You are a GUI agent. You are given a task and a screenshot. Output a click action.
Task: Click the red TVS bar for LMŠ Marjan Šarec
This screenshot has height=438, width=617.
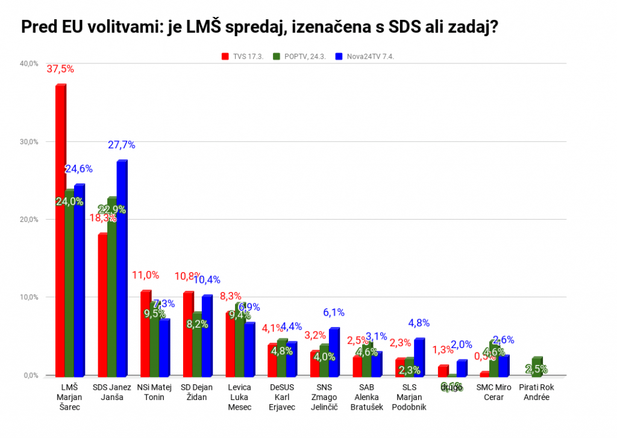click(60, 229)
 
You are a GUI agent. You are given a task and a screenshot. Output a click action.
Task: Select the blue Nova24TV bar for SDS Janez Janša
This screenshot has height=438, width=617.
click(121, 268)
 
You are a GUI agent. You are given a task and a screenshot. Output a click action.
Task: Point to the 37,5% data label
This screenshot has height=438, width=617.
click(60, 69)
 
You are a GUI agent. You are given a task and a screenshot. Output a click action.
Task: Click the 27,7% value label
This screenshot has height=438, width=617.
click(122, 145)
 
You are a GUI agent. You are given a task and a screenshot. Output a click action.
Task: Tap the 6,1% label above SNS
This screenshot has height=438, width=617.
click(334, 313)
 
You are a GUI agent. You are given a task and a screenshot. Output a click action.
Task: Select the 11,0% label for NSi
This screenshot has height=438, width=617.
click(145, 275)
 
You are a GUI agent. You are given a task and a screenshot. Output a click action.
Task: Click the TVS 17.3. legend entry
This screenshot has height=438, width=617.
click(241, 56)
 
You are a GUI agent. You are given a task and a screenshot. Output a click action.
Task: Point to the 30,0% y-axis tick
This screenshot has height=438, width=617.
click(29, 142)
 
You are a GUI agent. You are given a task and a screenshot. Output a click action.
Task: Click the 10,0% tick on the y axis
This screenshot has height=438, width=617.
click(29, 297)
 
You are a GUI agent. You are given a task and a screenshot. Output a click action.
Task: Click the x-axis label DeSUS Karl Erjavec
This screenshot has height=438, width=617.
click(283, 397)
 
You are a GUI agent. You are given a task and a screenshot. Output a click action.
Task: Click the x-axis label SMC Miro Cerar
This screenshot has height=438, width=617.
click(494, 393)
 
